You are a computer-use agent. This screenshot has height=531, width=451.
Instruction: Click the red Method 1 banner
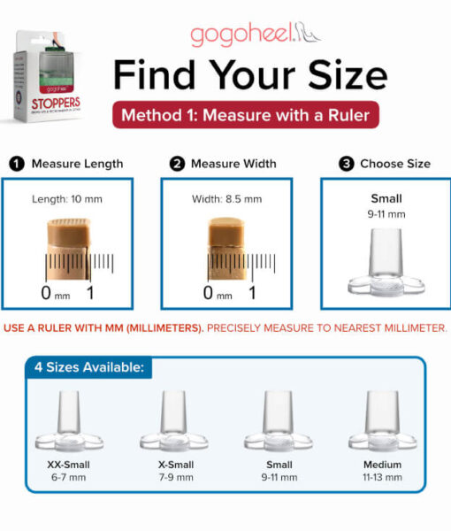click(245, 116)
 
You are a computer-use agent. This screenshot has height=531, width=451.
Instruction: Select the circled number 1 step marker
click(15, 164)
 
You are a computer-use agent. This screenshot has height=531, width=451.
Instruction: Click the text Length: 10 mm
click(66, 199)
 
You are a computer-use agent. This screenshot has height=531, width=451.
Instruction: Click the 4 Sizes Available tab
click(88, 367)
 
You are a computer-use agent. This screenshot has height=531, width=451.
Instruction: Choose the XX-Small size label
click(68, 465)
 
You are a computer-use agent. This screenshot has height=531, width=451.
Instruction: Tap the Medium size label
click(382, 465)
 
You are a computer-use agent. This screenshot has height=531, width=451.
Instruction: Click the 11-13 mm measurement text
click(382, 477)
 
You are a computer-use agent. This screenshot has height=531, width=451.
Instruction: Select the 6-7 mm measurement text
click(68, 477)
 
